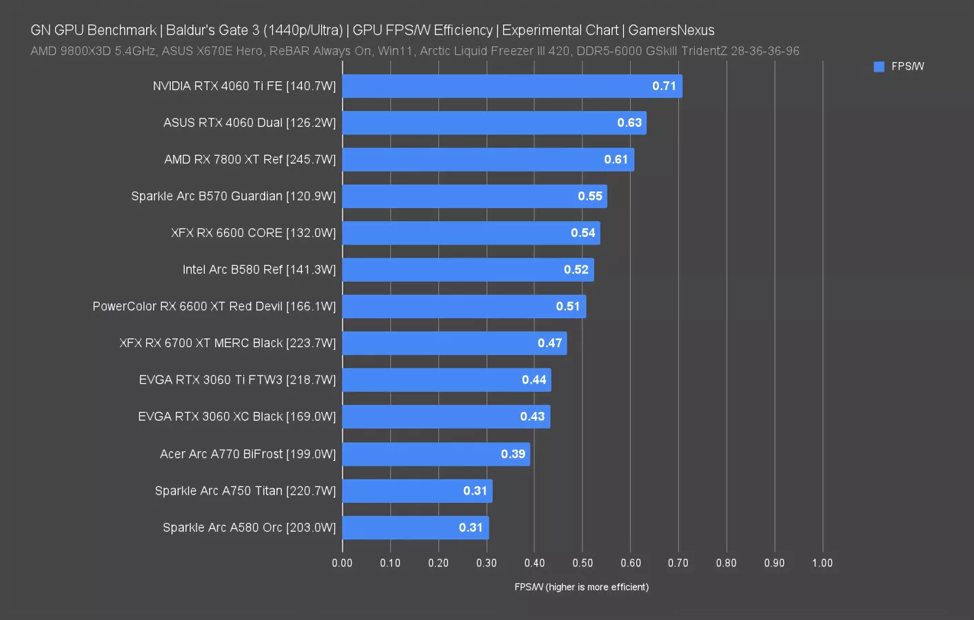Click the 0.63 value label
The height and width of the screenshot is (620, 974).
point(629,123)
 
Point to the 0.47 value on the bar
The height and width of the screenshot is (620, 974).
point(549,343)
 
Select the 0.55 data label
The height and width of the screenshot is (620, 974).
point(590,196)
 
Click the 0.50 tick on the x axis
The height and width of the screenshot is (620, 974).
point(582,563)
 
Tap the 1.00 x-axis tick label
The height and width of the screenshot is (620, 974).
point(822,563)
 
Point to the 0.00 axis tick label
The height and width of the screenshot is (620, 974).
point(342,563)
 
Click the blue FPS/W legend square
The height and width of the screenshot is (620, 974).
point(879,67)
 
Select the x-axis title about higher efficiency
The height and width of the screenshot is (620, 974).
point(581,587)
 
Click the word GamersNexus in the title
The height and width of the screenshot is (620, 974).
point(671,30)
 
